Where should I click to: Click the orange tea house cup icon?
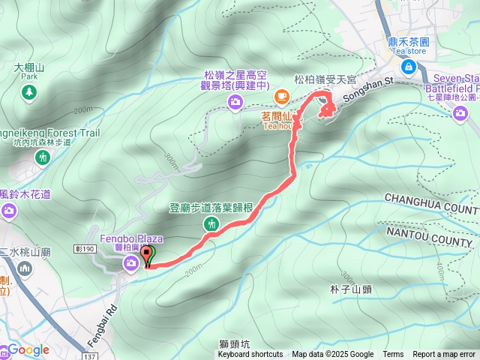click(x=281, y=95)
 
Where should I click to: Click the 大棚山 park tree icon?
click(x=28, y=92)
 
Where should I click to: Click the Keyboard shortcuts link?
click(x=250, y=355)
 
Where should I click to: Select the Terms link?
click(x=393, y=355)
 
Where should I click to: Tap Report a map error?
click(x=445, y=355)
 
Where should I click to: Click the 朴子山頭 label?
click(x=351, y=289)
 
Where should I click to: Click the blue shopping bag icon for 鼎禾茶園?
click(x=408, y=68)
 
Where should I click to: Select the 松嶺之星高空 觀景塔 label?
click(x=234, y=80)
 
